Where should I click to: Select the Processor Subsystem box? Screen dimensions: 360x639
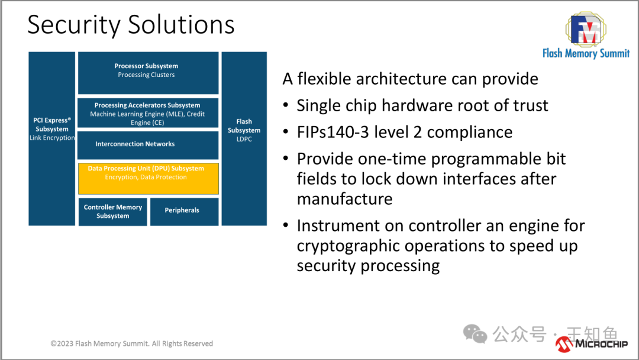[148, 72]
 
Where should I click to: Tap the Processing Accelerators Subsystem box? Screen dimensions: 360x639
[148, 113]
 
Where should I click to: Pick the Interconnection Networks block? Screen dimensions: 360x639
[148, 144]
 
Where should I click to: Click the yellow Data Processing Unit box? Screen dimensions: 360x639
[149, 178]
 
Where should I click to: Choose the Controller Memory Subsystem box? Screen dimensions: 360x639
[113, 211]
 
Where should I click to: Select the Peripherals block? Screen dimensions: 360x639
[183, 211]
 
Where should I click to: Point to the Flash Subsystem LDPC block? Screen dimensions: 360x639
[244, 139]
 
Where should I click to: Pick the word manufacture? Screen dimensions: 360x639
[344, 199]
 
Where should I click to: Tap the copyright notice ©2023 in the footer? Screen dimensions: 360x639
[62, 343]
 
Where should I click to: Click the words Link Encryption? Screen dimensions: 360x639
[52, 138]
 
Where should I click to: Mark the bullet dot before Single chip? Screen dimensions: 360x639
[286, 106]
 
